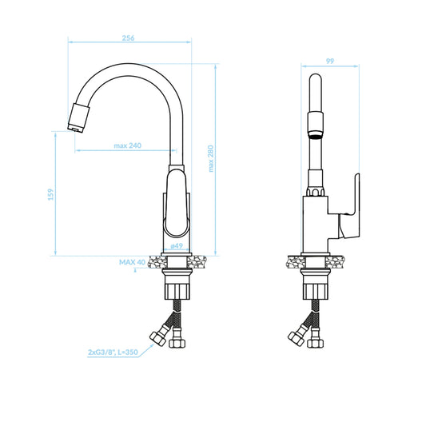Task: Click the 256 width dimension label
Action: click(x=128, y=38)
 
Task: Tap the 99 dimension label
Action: click(x=330, y=61)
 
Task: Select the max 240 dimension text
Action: click(x=127, y=145)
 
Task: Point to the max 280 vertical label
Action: click(x=211, y=158)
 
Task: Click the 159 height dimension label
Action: click(x=51, y=194)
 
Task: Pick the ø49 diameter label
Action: click(x=177, y=246)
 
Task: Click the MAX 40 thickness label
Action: click(x=133, y=262)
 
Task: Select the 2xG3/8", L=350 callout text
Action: click(x=113, y=352)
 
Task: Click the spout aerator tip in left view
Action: click(x=78, y=118)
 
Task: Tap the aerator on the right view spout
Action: click(x=316, y=125)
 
